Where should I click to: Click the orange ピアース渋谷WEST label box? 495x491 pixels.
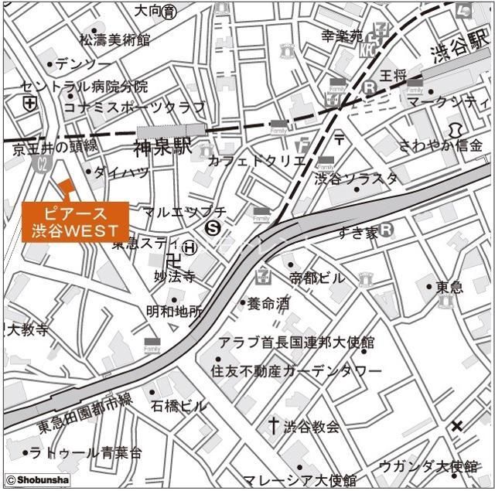[x=75, y=221]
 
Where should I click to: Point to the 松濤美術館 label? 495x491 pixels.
[x=115, y=40]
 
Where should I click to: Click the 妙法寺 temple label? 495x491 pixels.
[x=174, y=275]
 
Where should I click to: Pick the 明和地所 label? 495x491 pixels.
[x=174, y=312]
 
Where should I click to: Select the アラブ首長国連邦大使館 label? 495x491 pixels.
[x=296, y=342]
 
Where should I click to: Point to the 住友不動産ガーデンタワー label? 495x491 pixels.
[x=296, y=372]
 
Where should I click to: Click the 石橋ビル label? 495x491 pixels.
[x=179, y=406]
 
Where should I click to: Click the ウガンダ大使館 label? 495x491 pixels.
[x=429, y=465]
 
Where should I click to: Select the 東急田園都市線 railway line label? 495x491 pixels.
[x=85, y=414]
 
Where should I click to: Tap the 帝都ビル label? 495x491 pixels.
[x=317, y=278]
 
